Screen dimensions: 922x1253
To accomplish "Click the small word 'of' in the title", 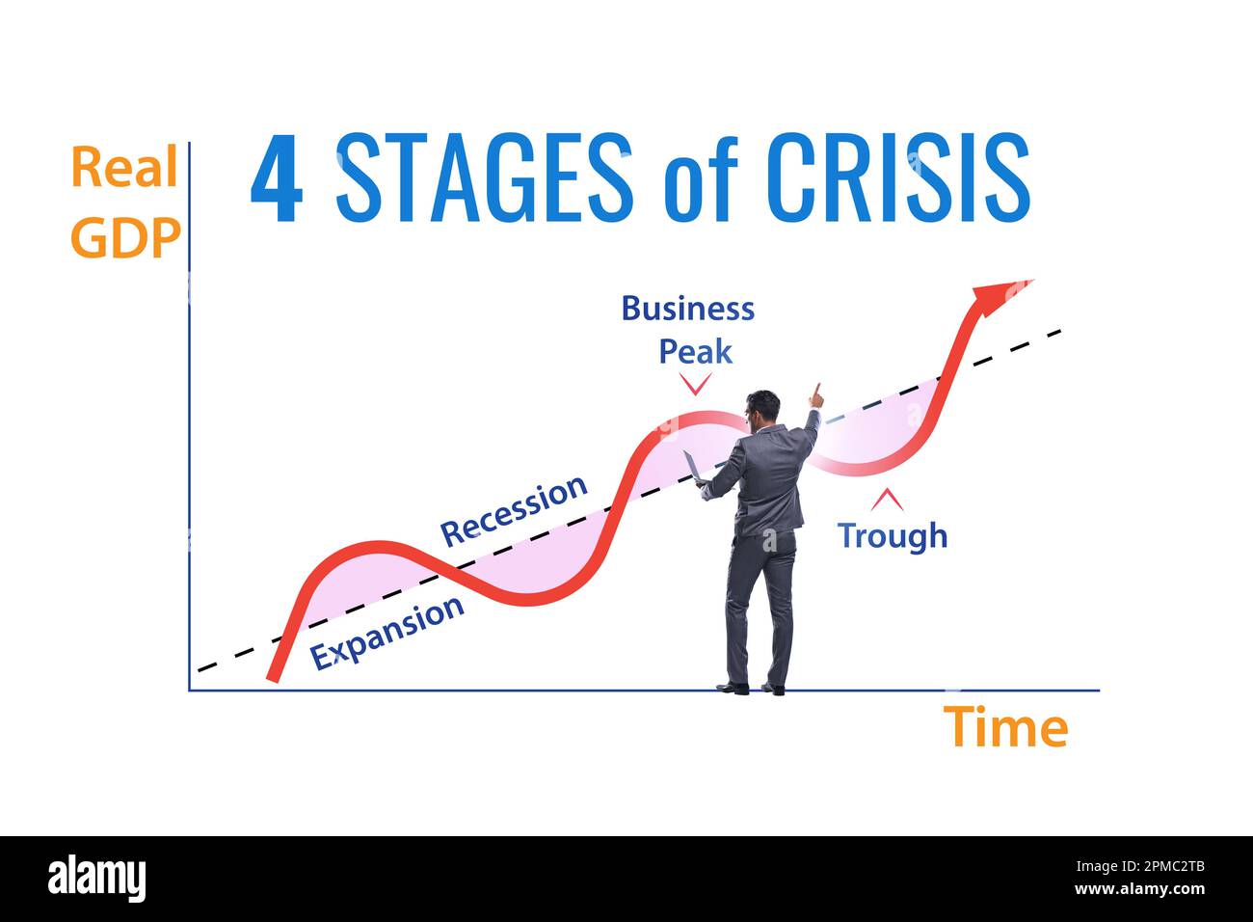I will coord(700,183).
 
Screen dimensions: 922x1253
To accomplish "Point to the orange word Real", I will coord(124,169).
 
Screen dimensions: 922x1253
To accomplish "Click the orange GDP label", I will coord(125,237).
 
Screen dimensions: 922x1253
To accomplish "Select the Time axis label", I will coord(1005,727).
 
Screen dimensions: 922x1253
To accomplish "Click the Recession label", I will coord(514,509).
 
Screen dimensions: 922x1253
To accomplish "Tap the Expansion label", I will coord(387,633).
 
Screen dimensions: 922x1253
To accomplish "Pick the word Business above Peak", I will coord(687,309).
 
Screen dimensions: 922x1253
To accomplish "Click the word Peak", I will coord(695,351).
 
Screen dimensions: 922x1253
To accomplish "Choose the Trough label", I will coord(892,534).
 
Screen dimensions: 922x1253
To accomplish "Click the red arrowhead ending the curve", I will coord(999,294).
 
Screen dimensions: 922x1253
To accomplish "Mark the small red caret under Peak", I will coord(695,385).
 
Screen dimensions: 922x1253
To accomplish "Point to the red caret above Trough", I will coord(887,500).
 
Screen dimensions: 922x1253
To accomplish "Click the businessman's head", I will coord(763,409).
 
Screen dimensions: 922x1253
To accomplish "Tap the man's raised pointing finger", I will coord(817,392).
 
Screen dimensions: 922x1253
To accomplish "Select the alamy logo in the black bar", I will coord(96,879).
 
